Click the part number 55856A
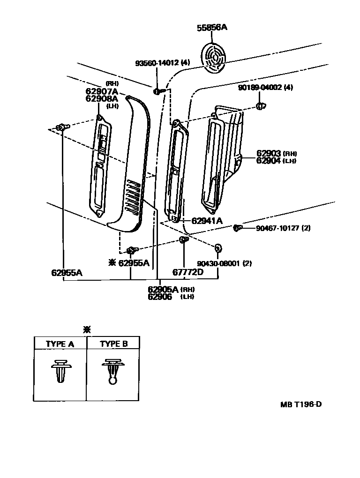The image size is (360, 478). [x=211, y=28]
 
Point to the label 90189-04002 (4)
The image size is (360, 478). [x=265, y=87]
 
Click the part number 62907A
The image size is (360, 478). [x=102, y=91]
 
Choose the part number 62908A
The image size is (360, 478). [x=102, y=98]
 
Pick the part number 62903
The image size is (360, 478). [x=268, y=154]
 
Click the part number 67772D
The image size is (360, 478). [x=187, y=272]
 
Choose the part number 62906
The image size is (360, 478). [x=160, y=297]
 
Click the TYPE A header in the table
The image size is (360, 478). [x=60, y=344]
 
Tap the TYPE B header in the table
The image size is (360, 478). [x=113, y=344]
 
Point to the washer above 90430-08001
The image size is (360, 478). [x=218, y=247]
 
